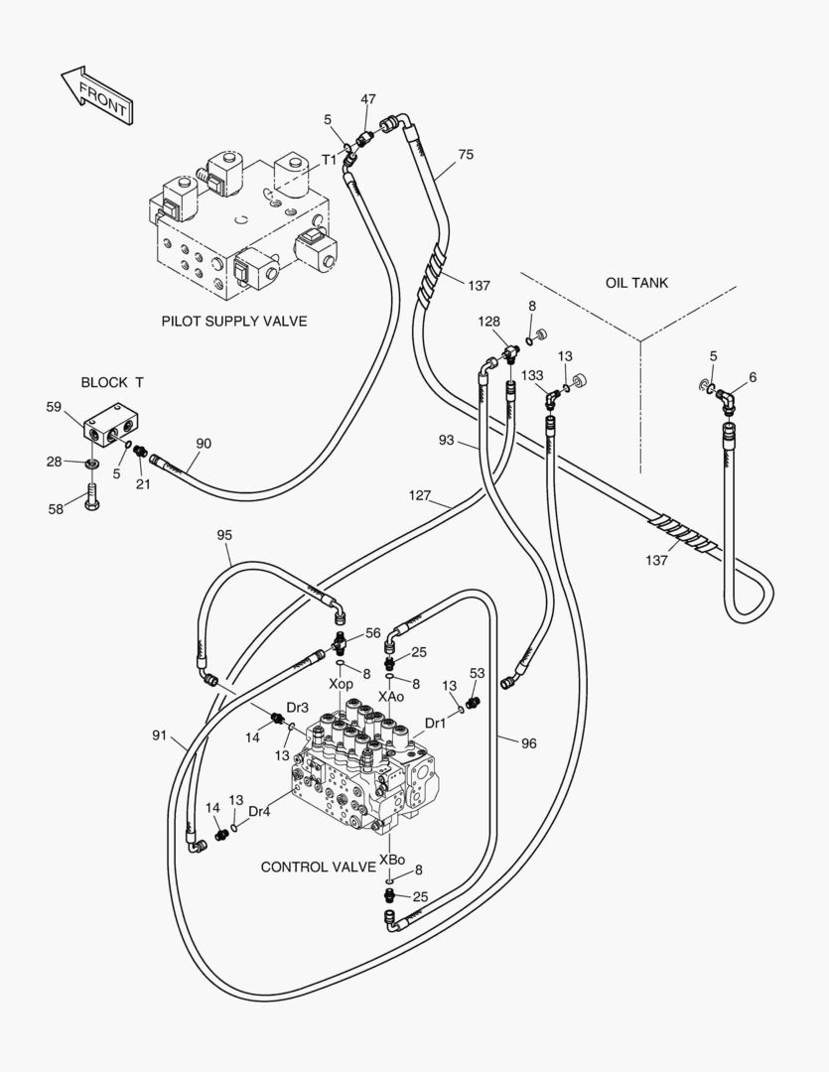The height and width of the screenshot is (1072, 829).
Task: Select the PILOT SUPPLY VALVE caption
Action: [x=234, y=321]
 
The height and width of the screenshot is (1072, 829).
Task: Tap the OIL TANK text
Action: [x=636, y=283]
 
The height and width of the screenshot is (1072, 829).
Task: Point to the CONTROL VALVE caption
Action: [x=318, y=867]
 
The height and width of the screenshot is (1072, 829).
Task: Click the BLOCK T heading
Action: [x=112, y=382]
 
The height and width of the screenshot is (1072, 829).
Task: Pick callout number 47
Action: [x=368, y=99]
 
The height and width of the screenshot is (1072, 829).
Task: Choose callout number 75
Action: [x=466, y=155]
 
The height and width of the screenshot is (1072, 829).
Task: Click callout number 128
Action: [x=489, y=323]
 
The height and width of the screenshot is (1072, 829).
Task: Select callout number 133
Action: [x=533, y=375]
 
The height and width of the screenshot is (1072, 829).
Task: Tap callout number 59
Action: [x=54, y=406]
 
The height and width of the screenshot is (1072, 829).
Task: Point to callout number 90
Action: [x=204, y=443]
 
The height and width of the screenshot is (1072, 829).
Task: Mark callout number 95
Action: [x=224, y=535]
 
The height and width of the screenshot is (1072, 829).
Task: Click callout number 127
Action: [x=420, y=494]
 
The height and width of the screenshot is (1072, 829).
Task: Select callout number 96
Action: [x=528, y=742]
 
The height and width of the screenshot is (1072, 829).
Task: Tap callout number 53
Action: [x=478, y=673]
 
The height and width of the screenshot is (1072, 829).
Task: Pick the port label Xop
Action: [x=341, y=685]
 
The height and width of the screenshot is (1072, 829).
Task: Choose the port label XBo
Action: [x=391, y=858]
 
